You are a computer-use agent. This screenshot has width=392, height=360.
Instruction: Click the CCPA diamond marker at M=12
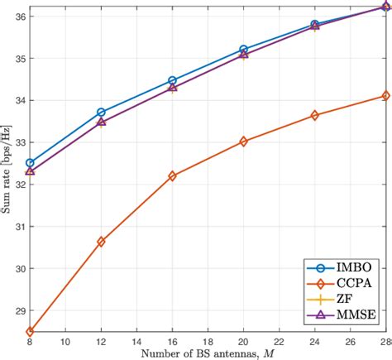click(101, 242)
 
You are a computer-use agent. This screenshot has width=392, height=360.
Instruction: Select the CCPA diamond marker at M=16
click(172, 176)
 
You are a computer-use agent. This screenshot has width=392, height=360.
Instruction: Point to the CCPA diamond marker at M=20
click(243, 142)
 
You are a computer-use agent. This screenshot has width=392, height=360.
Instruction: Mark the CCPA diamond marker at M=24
click(314, 115)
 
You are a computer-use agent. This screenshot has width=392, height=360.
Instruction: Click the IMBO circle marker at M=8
click(30, 163)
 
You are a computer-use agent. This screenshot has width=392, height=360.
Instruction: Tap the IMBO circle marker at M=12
click(101, 112)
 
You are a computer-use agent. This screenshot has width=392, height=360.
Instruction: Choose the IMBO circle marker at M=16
click(172, 81)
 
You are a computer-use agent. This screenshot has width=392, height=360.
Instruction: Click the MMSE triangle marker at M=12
click(101, 122)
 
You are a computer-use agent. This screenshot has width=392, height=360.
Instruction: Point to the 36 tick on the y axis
click(18, 17)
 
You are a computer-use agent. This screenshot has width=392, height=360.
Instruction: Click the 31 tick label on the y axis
click(18, 226)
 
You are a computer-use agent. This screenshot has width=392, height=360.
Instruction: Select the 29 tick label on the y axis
click(18, 310)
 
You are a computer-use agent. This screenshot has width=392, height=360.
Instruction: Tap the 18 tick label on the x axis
click(208, 342)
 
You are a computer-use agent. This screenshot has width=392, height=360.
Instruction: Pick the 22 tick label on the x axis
click(279, 342)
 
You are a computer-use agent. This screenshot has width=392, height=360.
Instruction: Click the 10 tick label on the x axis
click(65, 342)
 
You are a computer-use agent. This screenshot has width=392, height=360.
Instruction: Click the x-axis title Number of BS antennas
click(207, 353)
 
